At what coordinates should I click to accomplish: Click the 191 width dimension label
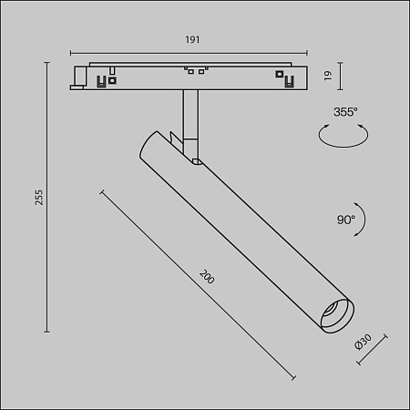(192, 40)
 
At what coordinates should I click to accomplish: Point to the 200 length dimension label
(207, 277)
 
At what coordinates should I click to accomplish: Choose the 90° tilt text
(345, 220)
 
